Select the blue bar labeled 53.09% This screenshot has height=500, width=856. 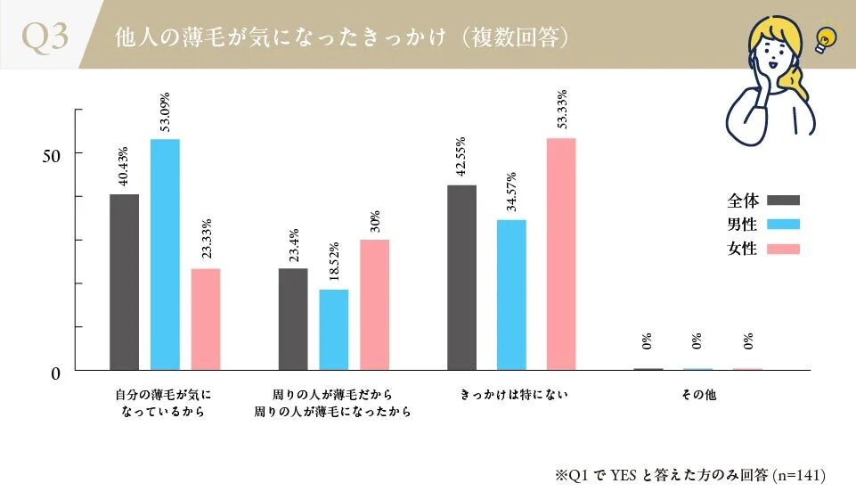[x=165, y=254]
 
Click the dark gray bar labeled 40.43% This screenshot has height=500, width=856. [x=124, y=282]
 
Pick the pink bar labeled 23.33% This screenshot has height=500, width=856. [x=206, y=319]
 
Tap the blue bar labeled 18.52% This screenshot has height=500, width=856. [x=334, y=330]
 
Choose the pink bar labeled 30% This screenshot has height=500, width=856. [x=375, y=304]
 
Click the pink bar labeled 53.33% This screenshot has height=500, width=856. [x=561, y=254]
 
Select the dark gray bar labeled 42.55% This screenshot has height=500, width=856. [x=462, y=277]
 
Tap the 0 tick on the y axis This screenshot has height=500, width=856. [x=55, y=373]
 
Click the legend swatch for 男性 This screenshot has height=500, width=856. [x=783, y=225]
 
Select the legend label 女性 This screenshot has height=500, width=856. [x=742, y=249]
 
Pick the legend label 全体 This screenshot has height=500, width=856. [x=742, y=201]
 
